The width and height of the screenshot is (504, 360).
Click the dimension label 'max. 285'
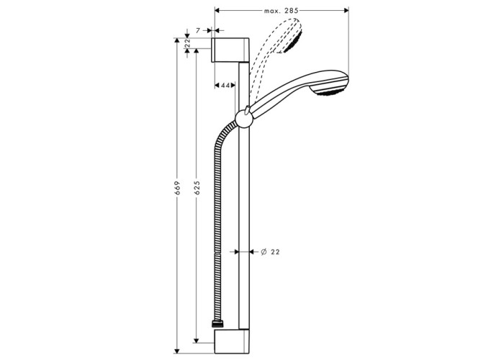tap(281, 11)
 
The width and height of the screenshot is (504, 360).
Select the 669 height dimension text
tap(177, 188)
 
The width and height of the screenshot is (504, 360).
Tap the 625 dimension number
tap(197, 188)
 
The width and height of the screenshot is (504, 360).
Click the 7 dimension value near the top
tap(198, 30)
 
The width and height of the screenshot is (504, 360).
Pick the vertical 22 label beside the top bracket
tap(188, 43)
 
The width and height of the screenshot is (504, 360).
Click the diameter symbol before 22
tap(264, 252)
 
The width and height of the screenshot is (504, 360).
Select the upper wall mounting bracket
tap(230, 50)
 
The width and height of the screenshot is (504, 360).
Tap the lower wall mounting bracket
tap(231, 341)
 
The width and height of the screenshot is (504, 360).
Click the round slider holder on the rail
tap(245, 119)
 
